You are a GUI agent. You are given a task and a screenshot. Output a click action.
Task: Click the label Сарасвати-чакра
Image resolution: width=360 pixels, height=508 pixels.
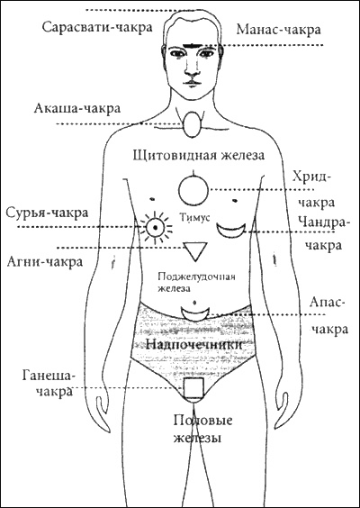point(97,27)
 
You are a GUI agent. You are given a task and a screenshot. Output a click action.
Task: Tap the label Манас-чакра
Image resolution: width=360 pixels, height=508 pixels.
point(278,30)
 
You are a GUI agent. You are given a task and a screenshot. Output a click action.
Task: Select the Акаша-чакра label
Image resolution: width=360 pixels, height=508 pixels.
point(77,108)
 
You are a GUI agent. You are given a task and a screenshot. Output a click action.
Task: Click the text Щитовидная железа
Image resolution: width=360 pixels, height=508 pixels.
point(199,155)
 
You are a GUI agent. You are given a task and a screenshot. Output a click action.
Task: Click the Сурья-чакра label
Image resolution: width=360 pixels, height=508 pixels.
point(48,213)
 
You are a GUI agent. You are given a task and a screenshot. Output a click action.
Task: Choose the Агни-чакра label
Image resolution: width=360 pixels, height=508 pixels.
point(45,261)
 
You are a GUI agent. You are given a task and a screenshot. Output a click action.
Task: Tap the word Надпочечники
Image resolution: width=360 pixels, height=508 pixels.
point(193,344)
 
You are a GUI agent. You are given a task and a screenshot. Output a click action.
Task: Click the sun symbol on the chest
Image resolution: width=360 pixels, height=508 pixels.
point(156,228)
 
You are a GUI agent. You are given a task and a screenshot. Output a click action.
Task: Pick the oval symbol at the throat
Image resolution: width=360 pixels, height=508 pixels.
point(192,123)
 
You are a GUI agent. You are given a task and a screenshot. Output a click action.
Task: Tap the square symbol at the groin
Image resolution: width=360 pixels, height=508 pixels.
point(193,387)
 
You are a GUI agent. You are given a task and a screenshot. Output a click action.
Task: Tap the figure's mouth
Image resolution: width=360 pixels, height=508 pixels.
point(192,82)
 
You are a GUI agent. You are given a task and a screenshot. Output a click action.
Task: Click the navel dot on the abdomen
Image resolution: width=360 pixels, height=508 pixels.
point(194,303)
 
